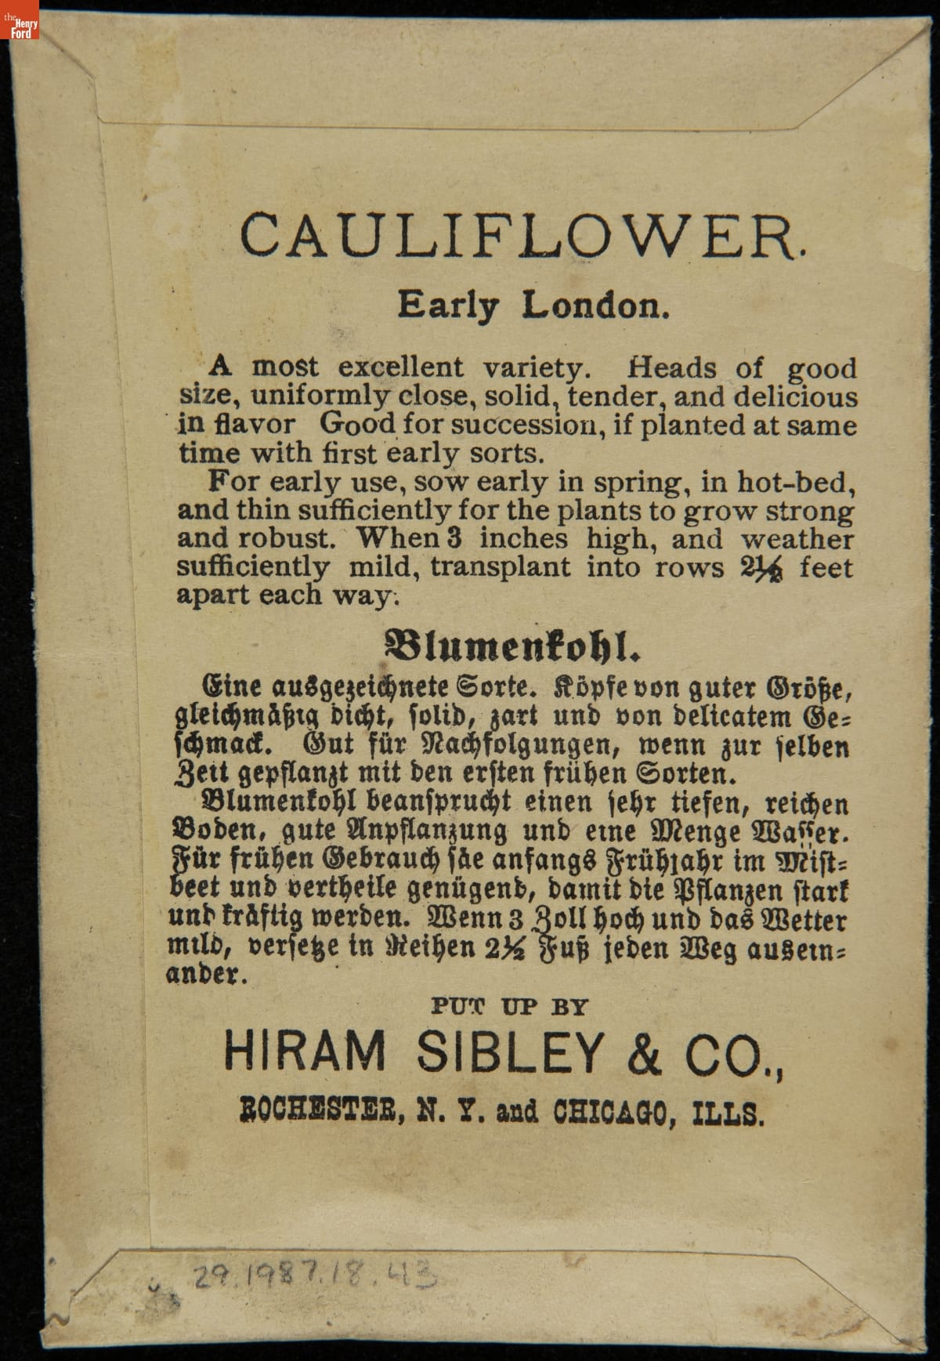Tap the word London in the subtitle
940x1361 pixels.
pyautogui.click(x=597, y=306)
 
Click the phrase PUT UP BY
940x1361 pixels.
pyautogui.click(x=509, y=1006)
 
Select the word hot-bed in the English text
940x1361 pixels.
pyautogui.click(x=804, y=483)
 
